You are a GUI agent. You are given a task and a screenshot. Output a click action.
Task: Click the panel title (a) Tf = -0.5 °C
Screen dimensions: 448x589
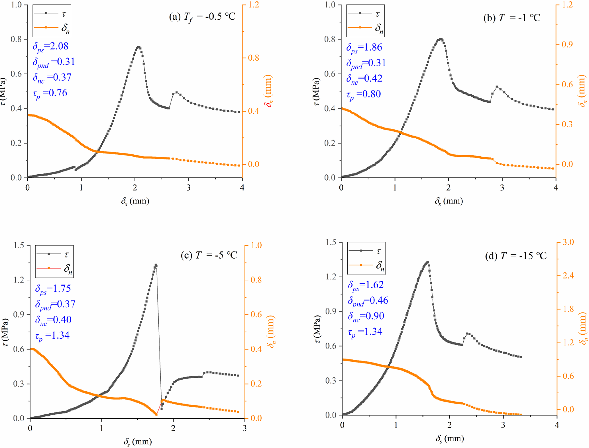[202, 17]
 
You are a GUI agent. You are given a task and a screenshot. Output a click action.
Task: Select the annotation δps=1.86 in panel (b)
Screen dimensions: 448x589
[364, 48]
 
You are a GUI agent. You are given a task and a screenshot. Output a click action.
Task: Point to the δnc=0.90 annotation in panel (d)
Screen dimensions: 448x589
[366, 316]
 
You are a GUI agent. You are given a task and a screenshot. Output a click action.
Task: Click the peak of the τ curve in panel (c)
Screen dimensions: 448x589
[156, 265]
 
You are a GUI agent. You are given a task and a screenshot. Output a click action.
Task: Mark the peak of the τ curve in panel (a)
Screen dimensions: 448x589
[138, 47]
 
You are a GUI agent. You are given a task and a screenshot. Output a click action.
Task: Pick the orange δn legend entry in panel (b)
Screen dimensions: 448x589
[365, 28]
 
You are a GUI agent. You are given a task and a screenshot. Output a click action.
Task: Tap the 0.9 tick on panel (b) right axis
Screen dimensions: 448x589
[567, 44]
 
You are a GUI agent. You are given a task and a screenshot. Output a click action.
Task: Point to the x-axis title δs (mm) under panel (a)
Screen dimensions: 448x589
[135, 201]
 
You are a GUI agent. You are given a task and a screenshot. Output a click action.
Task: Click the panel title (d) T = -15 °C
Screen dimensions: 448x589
[516, 256]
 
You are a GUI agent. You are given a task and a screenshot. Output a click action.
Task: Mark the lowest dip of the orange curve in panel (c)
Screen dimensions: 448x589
[156, 414]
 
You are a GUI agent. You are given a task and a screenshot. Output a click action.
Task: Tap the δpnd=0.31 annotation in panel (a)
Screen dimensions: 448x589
[54, 62]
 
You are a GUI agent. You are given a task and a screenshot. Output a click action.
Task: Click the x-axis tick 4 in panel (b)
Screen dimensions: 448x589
[556, 187]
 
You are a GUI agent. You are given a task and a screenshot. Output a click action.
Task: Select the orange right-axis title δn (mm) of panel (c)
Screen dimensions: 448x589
[271, 332]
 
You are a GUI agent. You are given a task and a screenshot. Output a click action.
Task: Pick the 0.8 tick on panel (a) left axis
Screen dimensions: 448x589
[16, 39]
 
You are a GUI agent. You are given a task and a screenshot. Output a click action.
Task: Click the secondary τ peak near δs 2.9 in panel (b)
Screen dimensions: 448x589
[497, 87]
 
